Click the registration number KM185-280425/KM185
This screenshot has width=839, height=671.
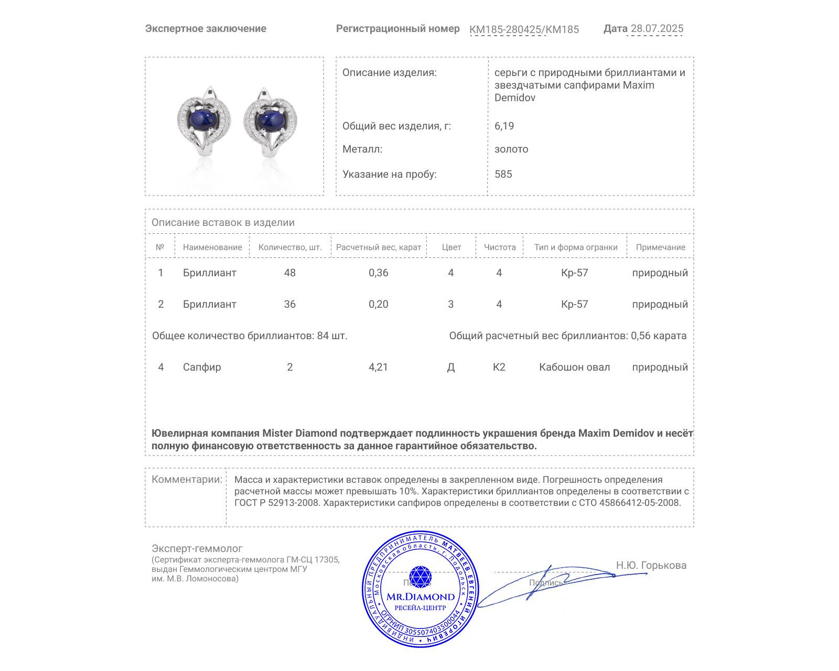[x=524, y=29]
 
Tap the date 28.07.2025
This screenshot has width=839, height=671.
[x=657, y=29]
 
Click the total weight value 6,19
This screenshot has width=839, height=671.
[x=504, y=126]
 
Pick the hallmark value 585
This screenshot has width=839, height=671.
[x=503, y=174]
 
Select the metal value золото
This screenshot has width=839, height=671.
[x=511, y=149]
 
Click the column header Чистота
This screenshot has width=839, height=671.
[x=499, y=247]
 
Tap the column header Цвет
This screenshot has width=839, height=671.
[x=451, y=247]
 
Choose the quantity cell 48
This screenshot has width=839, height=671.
[x=289, y=273]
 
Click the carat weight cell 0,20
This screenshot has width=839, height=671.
[x=378, y=304]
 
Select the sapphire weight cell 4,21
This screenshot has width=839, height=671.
[x=378, y=367]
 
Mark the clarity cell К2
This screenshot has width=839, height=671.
[x=499, y=367]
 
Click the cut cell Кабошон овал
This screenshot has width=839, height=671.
[x=574, y=367]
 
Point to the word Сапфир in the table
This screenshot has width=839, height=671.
[x=202, y=367]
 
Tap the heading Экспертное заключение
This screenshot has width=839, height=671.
[x=206, y=29]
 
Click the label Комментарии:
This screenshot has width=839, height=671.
[x=187, y=479]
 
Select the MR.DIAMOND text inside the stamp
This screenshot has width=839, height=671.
[x=421, y=597]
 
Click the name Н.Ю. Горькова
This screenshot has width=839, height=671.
[x=651, y=565]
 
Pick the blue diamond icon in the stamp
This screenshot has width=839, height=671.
[x=420, y=577]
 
